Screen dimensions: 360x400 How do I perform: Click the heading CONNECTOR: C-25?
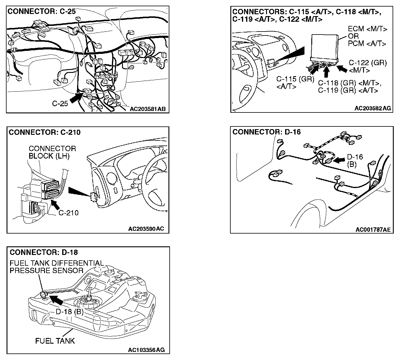41,12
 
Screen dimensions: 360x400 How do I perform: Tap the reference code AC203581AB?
147,109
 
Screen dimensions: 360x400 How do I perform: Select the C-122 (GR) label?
368,63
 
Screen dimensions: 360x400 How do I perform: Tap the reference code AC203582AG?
372,108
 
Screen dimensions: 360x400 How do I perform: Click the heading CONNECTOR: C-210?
45,132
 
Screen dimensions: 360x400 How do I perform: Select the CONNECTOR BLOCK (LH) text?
52,152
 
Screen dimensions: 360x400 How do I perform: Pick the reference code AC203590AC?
146,229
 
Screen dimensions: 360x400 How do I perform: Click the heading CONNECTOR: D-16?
266,132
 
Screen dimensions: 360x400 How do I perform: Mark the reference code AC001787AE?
373,229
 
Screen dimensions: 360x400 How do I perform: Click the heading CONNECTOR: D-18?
44,252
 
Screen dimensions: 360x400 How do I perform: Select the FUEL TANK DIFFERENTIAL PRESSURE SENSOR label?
57,267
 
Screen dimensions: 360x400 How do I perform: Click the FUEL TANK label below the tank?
55,341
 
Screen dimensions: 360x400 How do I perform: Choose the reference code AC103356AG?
146,350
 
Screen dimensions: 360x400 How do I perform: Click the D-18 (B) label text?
69,311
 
